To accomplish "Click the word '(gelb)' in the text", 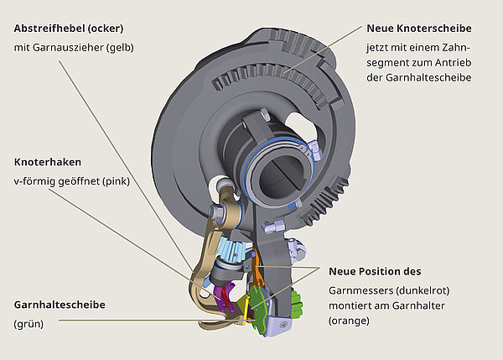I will [x=117, y=47].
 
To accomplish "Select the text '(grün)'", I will [x=29, y=323].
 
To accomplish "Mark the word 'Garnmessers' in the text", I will [x=360, y=289].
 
